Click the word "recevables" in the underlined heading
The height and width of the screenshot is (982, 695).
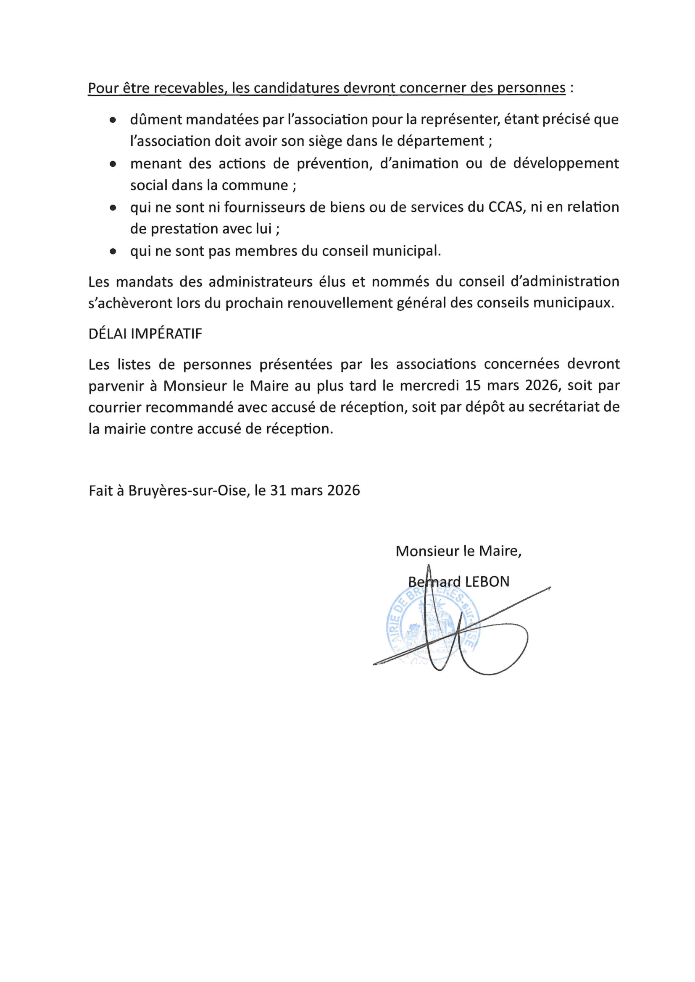pyautogui.click(x=189, y=88)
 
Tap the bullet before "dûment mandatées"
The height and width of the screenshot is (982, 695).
pyautogui.click(x=113, y=121)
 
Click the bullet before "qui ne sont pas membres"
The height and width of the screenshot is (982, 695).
pyautogui.click(x=113, y=252)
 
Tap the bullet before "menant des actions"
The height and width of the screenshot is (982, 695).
pyautogui.click(x=113, y=164)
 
